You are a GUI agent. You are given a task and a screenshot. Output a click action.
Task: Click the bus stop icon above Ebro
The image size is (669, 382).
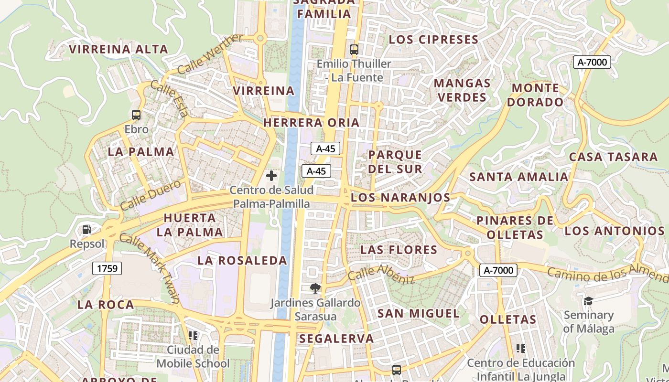pyautogui.click(x=136, y=115)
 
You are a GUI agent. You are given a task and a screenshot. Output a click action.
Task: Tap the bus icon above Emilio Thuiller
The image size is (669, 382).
pyautogui.click(x=354, y=49)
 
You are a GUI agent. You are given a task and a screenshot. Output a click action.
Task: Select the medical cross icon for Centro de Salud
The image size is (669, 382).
pyautogui.click(x=271, y=176)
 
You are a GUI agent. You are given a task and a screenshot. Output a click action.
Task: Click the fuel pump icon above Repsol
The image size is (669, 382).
pyautogui.click(x=86, y=230)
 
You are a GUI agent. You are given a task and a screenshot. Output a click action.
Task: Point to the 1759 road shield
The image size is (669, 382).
pyautogui.click(x=107, y=268)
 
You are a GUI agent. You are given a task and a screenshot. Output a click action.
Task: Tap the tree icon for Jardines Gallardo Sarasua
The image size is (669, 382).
pyautogui.click(x=315, y=288)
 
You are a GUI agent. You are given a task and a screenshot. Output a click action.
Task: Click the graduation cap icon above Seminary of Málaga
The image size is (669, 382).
pyautogui.click(x=588, y=301)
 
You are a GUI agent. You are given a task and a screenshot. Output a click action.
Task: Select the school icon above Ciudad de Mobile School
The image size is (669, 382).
pyautogui.click(x=193, y=336)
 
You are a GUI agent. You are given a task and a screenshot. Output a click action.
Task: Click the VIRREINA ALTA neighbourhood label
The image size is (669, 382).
pyautogui.click(x=119, y=49)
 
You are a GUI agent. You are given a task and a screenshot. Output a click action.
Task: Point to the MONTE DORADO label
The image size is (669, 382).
pyautogui.click(x=535, y=95)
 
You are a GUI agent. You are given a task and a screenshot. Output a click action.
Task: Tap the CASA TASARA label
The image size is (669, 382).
pyautogui.click(x=613, y=157)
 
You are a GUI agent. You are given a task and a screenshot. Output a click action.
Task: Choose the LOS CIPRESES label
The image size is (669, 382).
pyautogui.click(x=433, y=40)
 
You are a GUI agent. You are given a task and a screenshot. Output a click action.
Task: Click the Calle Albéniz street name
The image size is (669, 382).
pyautogui.click(x=381, y=275)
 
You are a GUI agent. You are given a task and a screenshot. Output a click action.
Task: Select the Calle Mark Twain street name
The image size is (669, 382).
pyautogui.click(x=149, y=268)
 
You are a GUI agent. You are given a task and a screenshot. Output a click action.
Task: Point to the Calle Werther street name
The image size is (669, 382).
pyautogui.click(x=210, y=53)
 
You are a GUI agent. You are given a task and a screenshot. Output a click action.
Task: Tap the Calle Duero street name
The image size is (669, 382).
pyautogui.click(x=151, y=195)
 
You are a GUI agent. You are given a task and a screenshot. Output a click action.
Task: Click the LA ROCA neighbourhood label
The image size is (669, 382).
pyautogui.click(x=106, y=305)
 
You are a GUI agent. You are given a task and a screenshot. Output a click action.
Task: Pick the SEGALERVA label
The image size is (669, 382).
pyautogui.click(x=336, y=339)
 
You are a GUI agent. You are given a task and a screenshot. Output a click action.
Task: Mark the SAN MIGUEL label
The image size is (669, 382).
pyautogui.click(x=418, y=313)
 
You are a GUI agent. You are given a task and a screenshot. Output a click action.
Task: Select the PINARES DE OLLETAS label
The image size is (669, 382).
pyautogui.click(x=515, y=228)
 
